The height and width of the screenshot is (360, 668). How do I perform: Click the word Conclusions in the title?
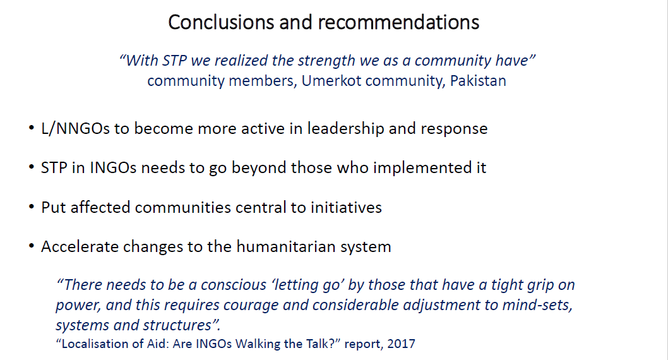tap(221, 22)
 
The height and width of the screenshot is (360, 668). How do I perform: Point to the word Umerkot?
tap(330, 80)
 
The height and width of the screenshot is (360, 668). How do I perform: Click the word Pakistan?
tap(478, 80)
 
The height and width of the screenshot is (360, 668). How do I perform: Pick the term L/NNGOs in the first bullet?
tap(75, 129)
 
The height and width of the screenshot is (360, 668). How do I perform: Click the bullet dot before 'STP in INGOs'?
tap(31, 167)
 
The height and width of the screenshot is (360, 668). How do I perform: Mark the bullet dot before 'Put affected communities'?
tap(31, 207)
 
